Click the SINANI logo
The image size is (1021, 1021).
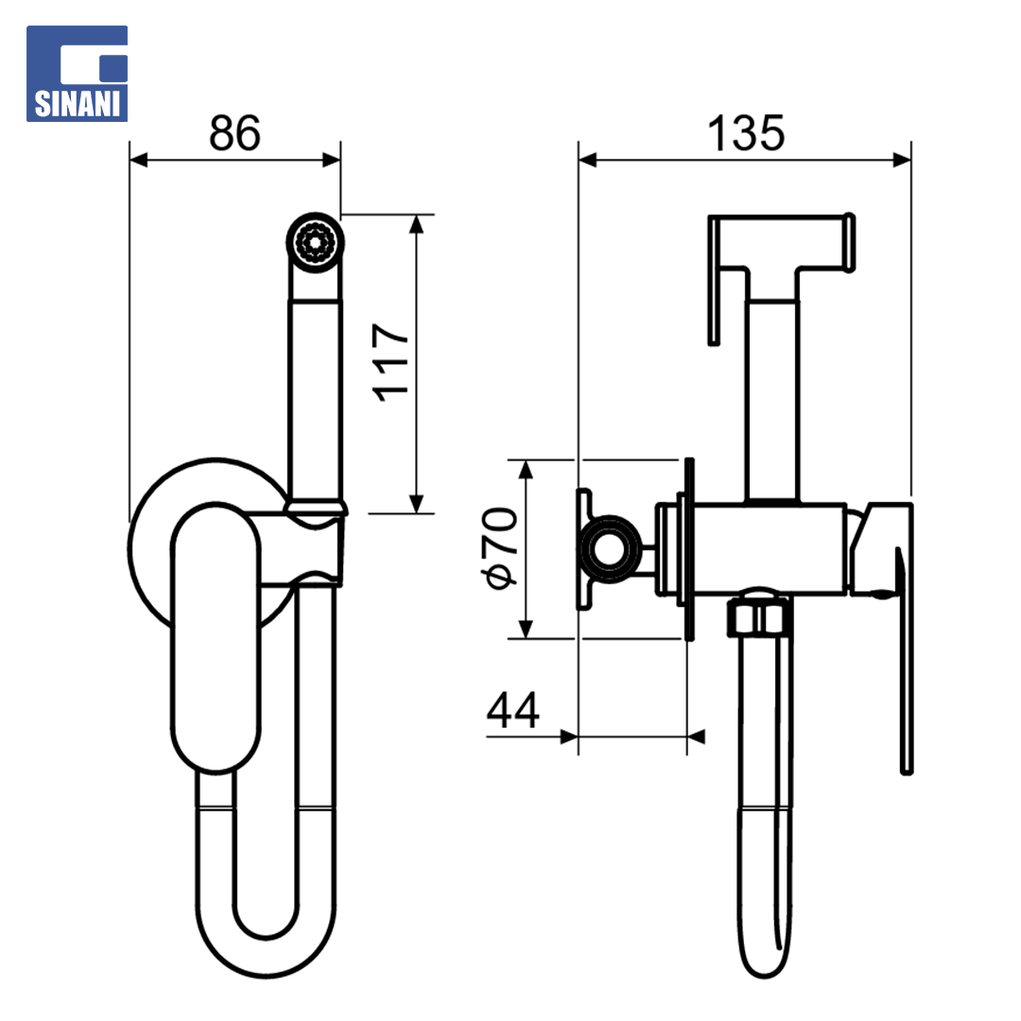77,74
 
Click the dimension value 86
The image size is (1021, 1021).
235,133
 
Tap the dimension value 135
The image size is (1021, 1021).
746,133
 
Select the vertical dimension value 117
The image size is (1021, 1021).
390,363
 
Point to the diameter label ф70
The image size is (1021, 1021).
499,548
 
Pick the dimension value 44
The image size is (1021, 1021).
513,710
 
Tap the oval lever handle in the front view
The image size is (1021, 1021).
216,637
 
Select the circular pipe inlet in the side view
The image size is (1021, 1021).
610,549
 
